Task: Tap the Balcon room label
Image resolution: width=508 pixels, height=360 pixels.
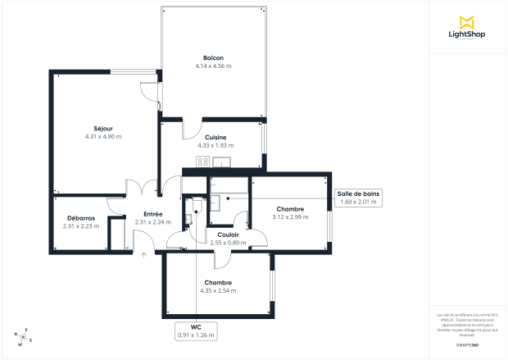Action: point(213,57)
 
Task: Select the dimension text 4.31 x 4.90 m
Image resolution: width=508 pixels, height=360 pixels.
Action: point(102,136)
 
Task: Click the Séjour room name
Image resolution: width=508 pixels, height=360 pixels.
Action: point(102,128)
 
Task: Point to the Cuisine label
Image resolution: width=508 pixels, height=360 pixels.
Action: point(215,137)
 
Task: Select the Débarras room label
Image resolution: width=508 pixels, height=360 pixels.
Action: point(80,217)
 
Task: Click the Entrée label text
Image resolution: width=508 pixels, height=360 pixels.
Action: point(141,213)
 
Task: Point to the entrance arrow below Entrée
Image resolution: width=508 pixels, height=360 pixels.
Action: point(144,255)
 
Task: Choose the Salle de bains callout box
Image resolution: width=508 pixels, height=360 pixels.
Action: point(357,197)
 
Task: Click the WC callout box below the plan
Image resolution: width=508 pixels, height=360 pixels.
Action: point(196,330)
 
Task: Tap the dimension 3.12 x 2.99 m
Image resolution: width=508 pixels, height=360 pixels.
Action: point(290,216)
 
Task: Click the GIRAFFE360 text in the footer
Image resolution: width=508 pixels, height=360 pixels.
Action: point(469,335)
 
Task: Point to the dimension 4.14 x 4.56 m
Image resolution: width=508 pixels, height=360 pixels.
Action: point(213,66)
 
